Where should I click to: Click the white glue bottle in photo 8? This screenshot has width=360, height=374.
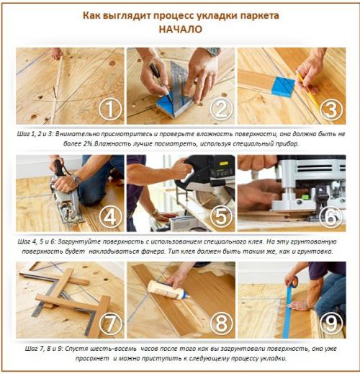coord(165,288)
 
